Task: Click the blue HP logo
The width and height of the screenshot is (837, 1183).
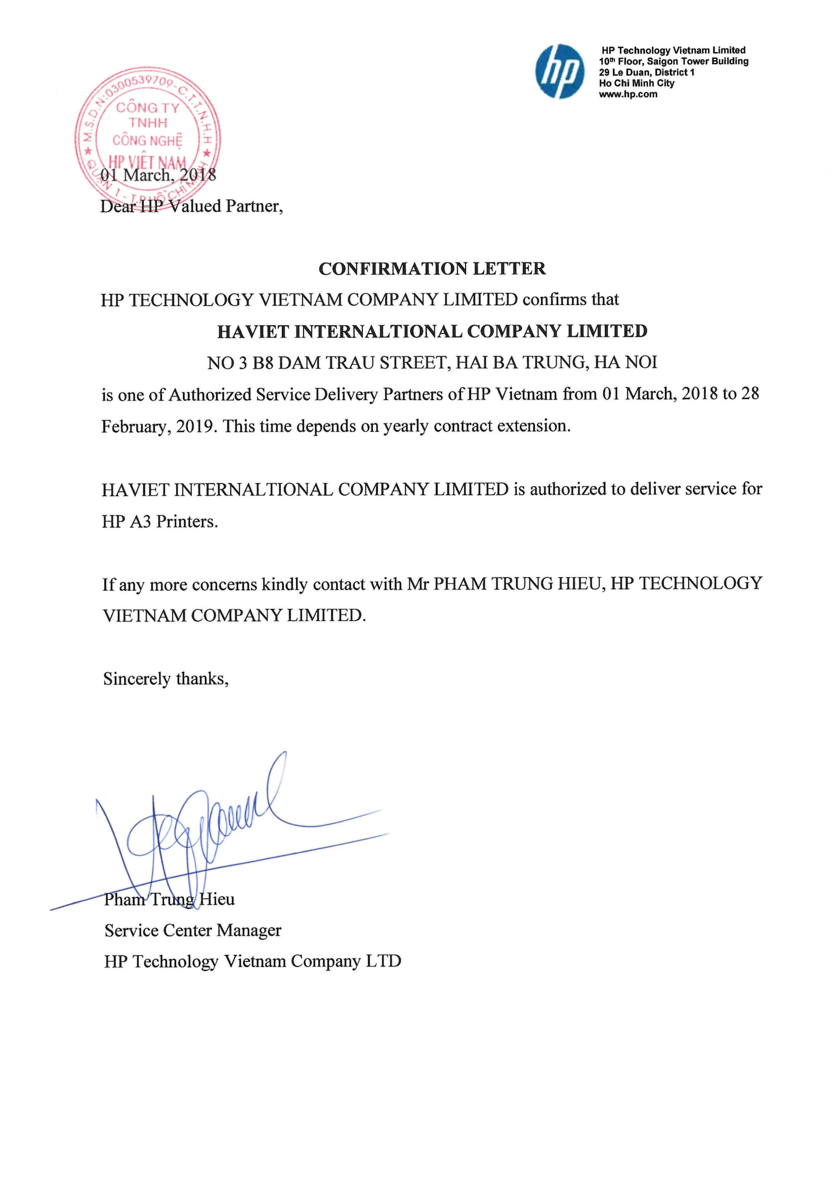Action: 560,72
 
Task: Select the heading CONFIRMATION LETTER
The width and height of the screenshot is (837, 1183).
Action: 432,269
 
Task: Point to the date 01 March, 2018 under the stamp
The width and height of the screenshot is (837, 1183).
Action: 158,175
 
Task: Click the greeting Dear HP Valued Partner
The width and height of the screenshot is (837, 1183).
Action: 191,206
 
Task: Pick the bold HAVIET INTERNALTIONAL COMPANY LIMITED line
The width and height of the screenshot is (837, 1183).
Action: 432,331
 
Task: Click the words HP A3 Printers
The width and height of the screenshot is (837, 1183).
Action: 160,521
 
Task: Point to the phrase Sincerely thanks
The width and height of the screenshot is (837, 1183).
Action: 165,679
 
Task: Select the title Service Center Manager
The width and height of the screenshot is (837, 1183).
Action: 193,930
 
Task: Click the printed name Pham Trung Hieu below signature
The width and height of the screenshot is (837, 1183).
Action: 169,899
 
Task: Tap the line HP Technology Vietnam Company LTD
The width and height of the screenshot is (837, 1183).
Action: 252,961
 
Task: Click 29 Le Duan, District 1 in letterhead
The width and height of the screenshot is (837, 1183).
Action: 646,72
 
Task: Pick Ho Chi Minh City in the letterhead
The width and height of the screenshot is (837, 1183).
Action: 636,83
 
